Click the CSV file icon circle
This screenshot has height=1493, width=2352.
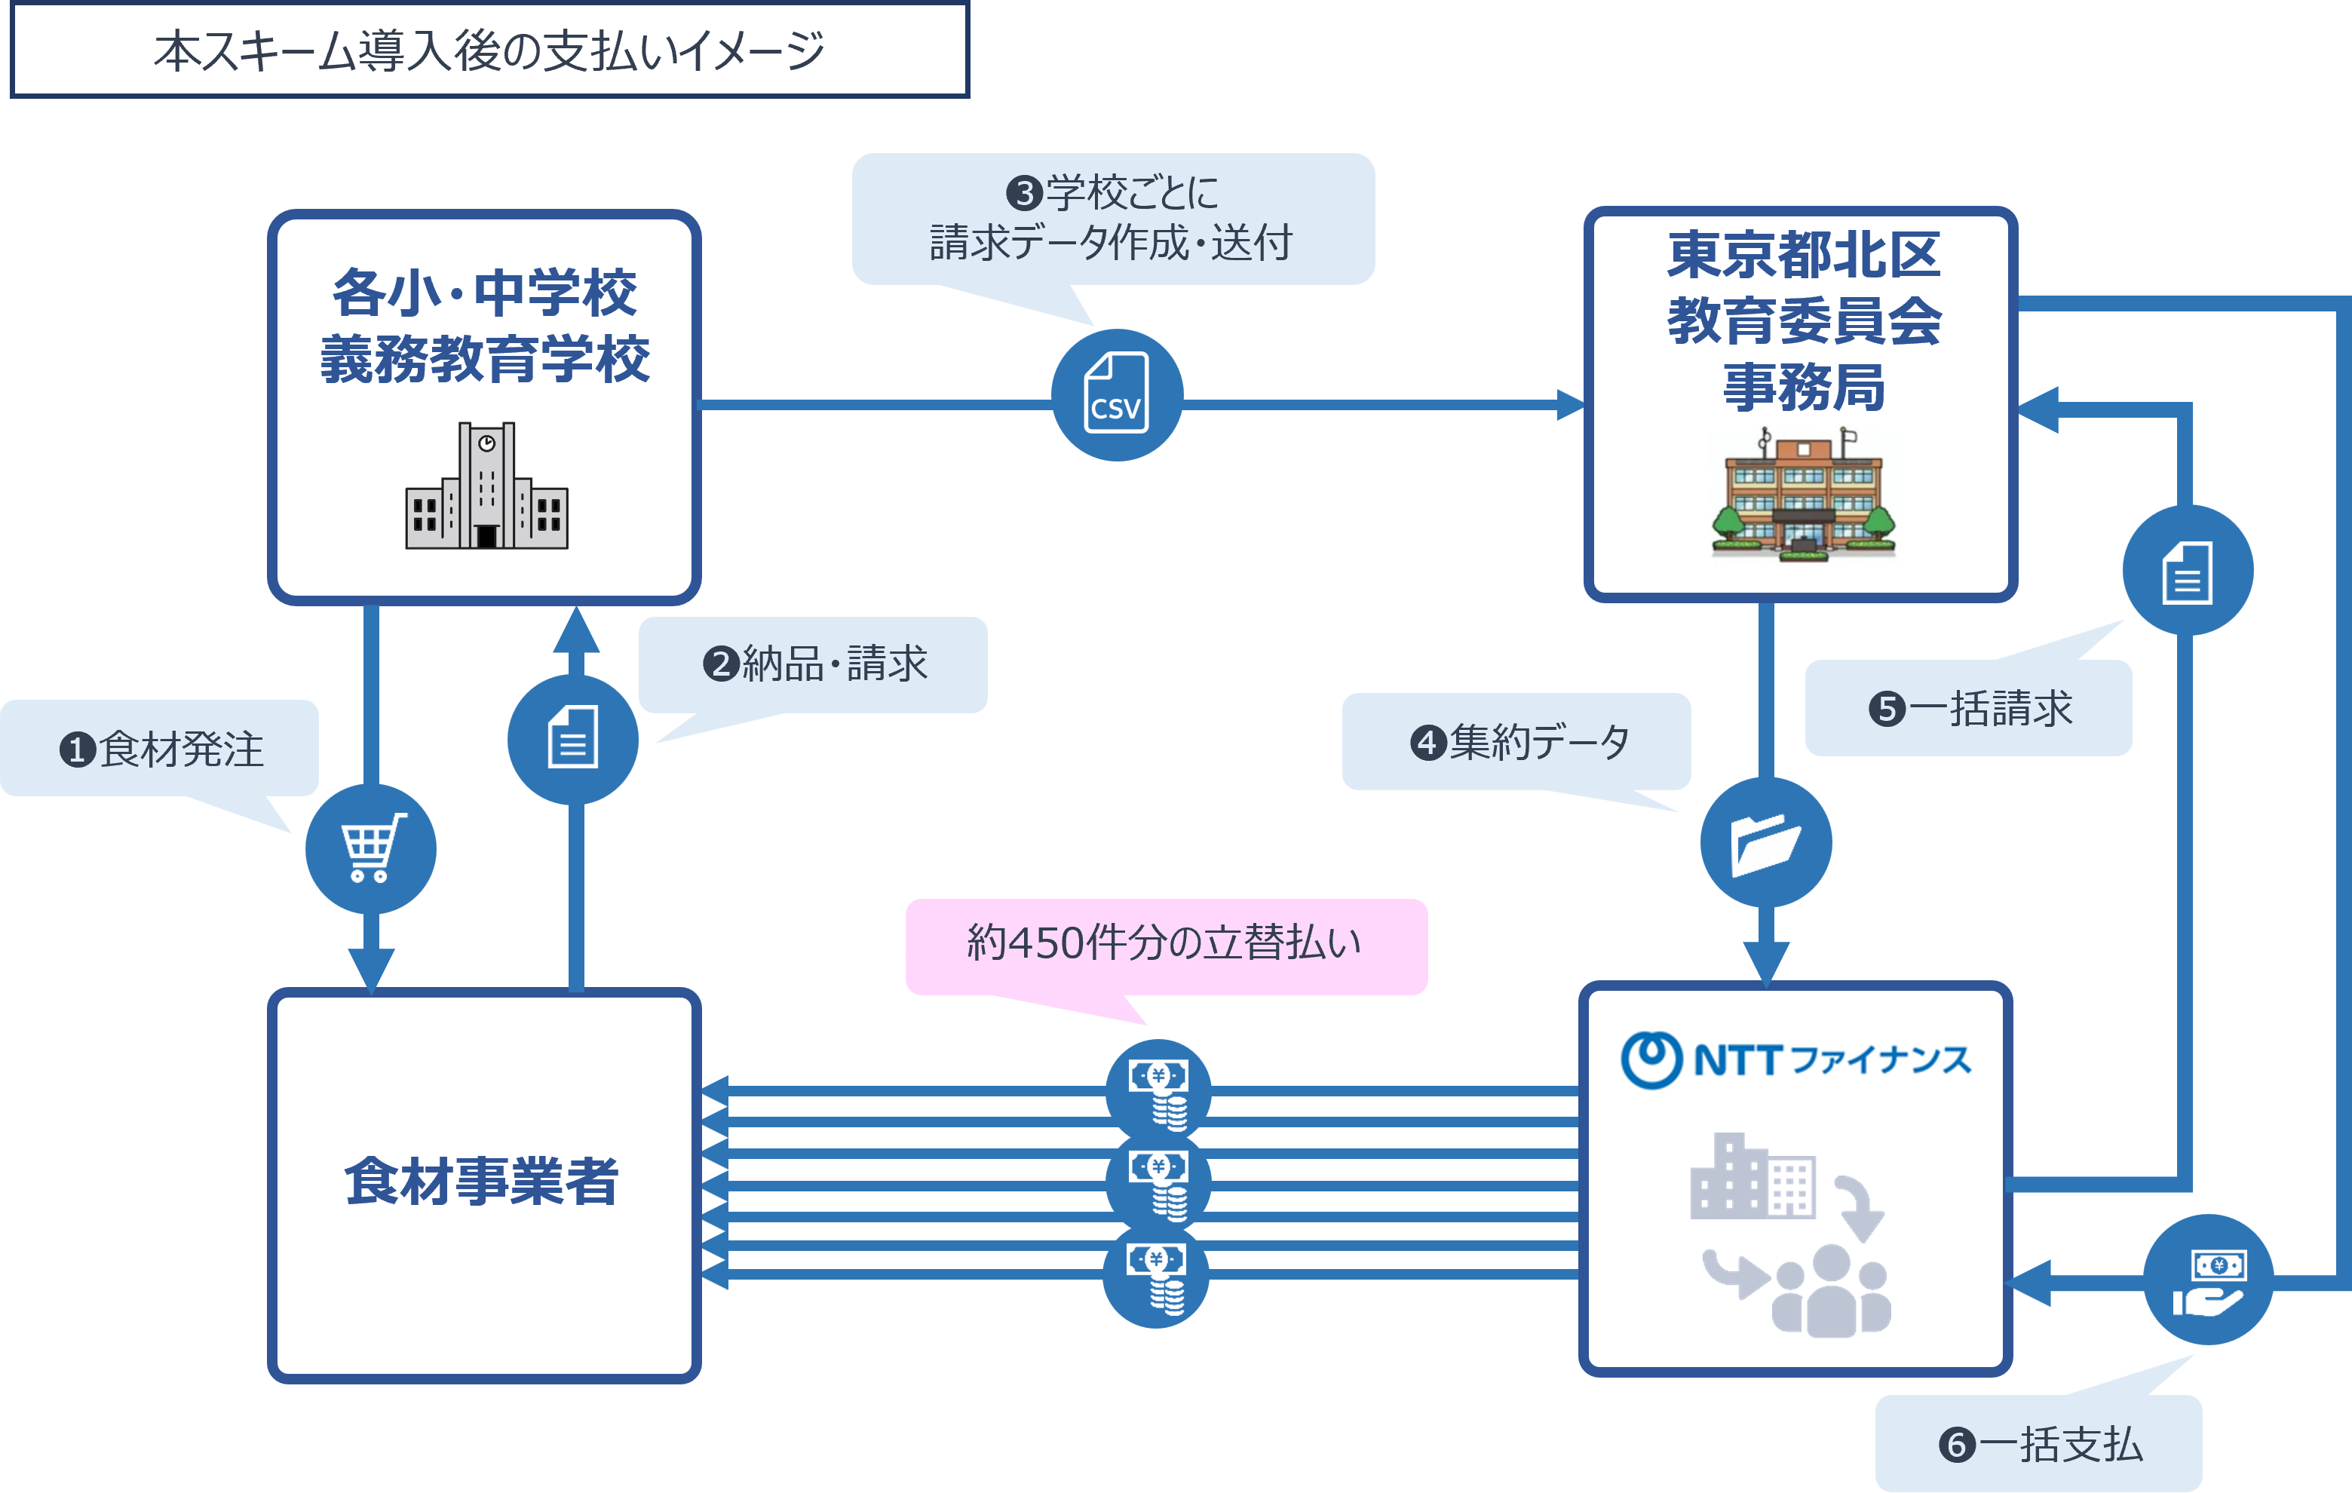click(x=1116, y=394)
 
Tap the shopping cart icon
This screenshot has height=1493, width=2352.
click(x=370, y=848)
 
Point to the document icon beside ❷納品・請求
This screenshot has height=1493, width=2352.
click(x=573, y=738)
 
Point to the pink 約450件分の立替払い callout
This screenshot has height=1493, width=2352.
click(x=1164, y=944)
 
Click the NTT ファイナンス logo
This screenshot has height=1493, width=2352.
click(x=1795, y=1059)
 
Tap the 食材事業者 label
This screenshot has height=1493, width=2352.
click(x=483, y=1181)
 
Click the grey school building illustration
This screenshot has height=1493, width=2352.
click(x=486, y=486)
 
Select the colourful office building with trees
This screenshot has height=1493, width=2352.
click(x=1803, y=495)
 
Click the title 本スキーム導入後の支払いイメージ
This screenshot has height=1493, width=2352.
click(x=489, y=51)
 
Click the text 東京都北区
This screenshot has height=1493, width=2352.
click(x=1803, y=255)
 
